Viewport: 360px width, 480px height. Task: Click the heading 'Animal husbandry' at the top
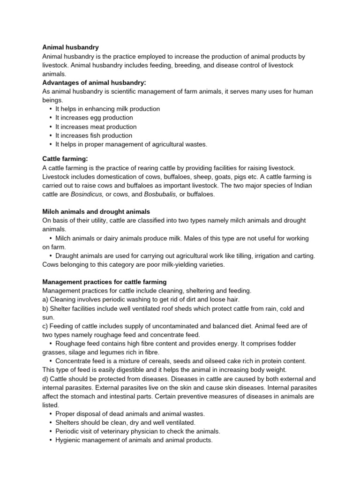coord(70,47)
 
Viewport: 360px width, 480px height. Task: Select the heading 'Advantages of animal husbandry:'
coord(94,82)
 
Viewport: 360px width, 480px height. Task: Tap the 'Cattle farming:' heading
coord(65,159)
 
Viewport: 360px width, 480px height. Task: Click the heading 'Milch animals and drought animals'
coord(96,211)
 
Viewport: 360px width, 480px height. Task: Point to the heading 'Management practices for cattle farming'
coord(104,282)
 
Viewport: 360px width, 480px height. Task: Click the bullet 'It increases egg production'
coord(94,118)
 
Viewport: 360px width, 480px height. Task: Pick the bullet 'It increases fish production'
coord(94,135)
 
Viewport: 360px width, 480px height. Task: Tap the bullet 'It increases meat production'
coord(96,127)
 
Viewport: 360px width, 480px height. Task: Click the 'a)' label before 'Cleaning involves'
coord(45,300)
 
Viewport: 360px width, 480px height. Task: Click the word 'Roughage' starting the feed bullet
coord(70,344)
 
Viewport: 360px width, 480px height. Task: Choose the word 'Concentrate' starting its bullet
coord(73,361)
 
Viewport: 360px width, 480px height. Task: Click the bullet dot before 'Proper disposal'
coord(50,414)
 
